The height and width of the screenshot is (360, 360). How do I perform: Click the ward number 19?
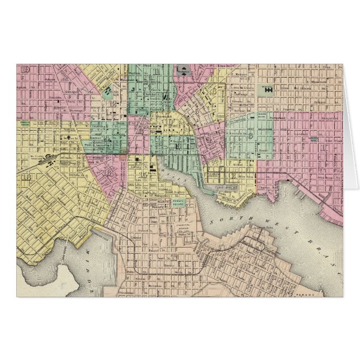point(26,69)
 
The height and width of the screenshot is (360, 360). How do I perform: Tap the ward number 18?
point(26,178)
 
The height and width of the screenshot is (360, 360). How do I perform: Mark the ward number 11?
point(158,72)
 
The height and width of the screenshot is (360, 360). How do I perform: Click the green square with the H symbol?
point(268,89)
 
